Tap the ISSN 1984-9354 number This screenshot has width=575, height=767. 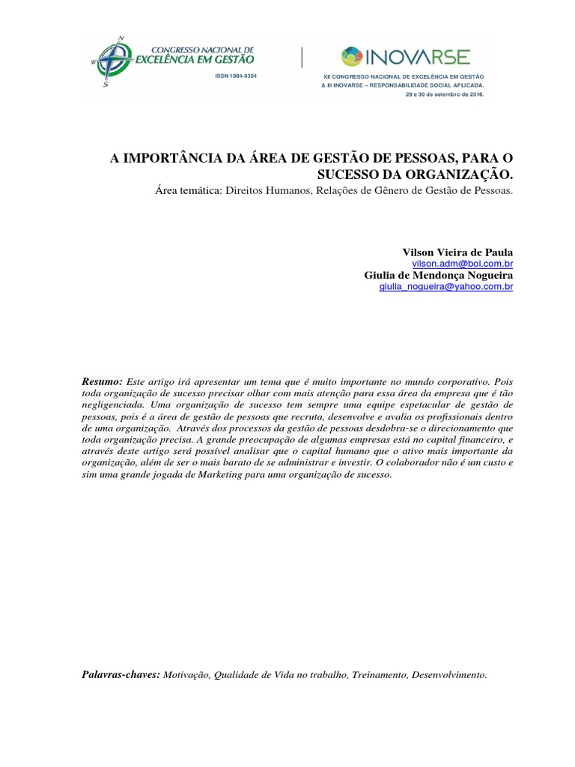235,77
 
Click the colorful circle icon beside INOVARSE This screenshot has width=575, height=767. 351,56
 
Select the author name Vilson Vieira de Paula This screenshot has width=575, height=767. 458,252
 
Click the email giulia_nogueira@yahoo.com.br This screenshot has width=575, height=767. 446,287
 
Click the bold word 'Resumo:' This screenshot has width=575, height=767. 102,381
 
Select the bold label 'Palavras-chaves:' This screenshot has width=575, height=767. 121,675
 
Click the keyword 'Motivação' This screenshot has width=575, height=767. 186,675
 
